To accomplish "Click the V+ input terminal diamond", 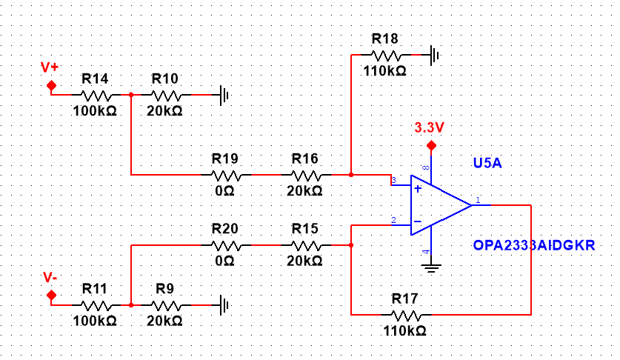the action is [x=51, y=85].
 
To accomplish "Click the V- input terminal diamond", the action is [x=51, y=295].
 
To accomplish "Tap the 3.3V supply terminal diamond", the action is [x=431, y=146].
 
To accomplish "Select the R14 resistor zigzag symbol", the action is [x=96, y=95].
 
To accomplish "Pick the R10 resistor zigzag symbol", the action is [x=166, y=95].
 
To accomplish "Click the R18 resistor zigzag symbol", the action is [x=386, y=55].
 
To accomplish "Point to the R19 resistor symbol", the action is [x=226, y=175].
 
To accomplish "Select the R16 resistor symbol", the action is [x=306, y=175].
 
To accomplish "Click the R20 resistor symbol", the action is [x=226, y=245].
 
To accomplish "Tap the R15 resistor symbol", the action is [x=306, y=245].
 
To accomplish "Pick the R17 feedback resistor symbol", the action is [x=406, y=315].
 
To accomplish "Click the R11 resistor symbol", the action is [x=96, y=305].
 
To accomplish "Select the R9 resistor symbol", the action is [x=166, y=305].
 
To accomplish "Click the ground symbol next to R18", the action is [x=435, y=55].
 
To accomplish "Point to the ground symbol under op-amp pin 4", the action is [x=431, y=268].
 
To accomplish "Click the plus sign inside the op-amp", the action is [x=418, y=189].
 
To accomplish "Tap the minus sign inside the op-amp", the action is [x=418, y=221].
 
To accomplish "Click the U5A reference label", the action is [x=487, y=163].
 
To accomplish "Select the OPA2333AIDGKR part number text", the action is [x=534, y=245].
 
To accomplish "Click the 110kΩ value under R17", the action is [x=404, y=330].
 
